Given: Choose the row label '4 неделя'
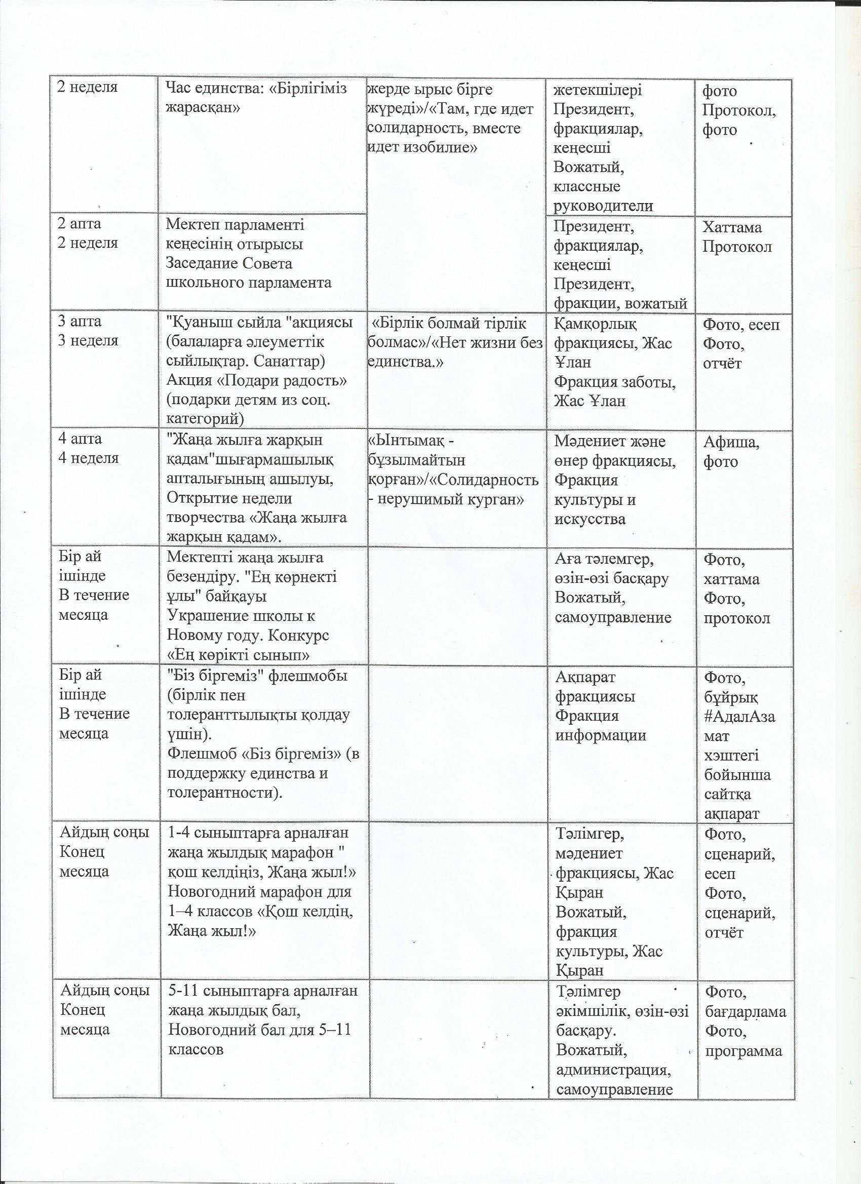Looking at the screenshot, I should tap(88, 458).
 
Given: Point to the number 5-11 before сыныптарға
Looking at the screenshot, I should tap(184, 991).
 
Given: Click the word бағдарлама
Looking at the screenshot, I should tap(745, 1011).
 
